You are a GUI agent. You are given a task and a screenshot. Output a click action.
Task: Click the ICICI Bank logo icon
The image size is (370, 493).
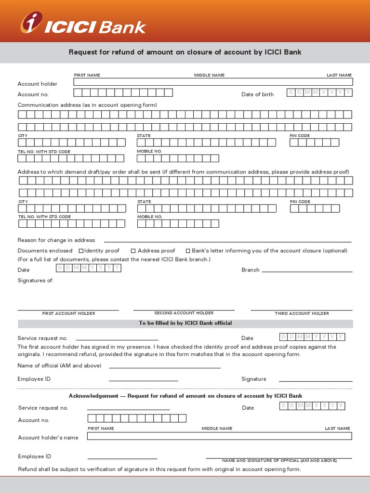click(x=30, y=23)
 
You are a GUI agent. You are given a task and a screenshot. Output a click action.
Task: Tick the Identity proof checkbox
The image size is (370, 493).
click(x=81, y=250)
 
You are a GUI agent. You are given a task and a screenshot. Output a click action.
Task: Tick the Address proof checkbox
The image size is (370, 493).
click(x=133, y=250)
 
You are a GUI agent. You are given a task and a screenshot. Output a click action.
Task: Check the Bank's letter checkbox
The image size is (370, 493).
click(x=187, y=250)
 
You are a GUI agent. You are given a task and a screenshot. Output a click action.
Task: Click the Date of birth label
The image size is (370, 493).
click(x=257, y=94)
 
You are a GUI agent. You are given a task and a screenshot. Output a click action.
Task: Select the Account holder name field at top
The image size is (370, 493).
click(x=212, y=82)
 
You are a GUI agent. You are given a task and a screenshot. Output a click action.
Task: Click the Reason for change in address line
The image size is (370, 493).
click(x=227, y=241)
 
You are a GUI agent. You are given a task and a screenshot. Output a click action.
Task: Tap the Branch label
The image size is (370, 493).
click(x=250, y=270)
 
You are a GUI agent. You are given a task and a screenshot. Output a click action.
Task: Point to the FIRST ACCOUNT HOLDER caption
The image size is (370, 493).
click(x=68, y=313)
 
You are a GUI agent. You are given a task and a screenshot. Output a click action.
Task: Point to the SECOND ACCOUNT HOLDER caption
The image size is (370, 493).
click(x=184, y=313)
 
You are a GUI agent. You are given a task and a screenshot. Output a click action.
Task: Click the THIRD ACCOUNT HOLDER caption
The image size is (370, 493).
click(x=302, y=313)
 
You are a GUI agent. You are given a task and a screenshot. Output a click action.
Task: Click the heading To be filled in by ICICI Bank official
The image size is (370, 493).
click(x=185, y=323)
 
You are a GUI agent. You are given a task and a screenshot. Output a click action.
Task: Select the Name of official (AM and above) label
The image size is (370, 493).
click(x=59, y=365)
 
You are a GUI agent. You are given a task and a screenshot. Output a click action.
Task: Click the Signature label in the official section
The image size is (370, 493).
click(x=253, y=379)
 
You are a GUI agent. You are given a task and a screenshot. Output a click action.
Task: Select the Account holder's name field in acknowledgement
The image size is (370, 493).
click(x=219, y=436)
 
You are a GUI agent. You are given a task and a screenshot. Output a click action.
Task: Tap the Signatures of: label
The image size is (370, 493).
click(x=36, y=280)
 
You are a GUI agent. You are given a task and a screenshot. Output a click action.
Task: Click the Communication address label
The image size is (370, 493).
click(x=87, y=105)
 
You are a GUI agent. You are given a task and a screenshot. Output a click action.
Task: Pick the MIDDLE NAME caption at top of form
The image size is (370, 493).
click(x=209, y=75)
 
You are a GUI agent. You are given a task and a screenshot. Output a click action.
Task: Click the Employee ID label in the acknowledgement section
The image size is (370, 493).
click(x=34, y=456)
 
